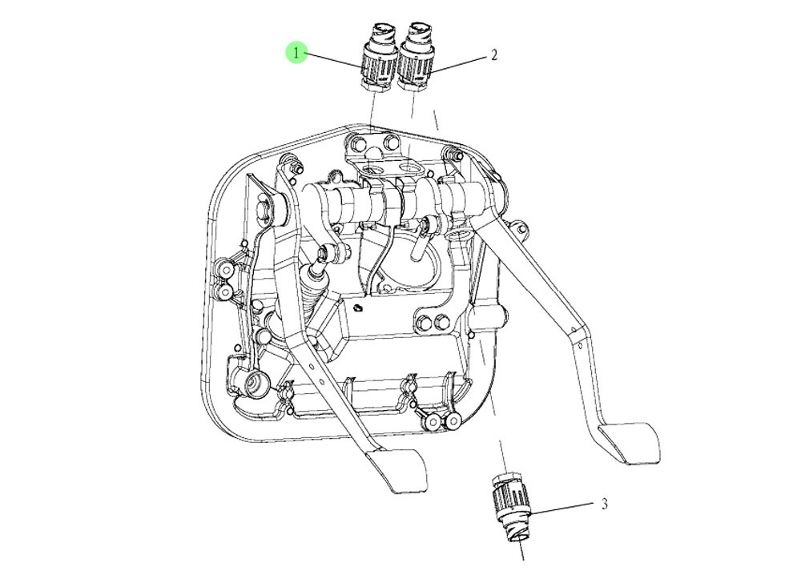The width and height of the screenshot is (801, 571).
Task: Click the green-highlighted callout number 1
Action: (297, 54)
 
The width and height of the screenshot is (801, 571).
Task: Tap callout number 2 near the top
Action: (494, 55)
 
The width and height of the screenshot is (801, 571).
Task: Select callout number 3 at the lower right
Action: (605, 504)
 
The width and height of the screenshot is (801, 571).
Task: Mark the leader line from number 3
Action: (565, 509)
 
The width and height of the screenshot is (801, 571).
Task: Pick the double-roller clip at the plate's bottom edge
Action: (439, 420)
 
